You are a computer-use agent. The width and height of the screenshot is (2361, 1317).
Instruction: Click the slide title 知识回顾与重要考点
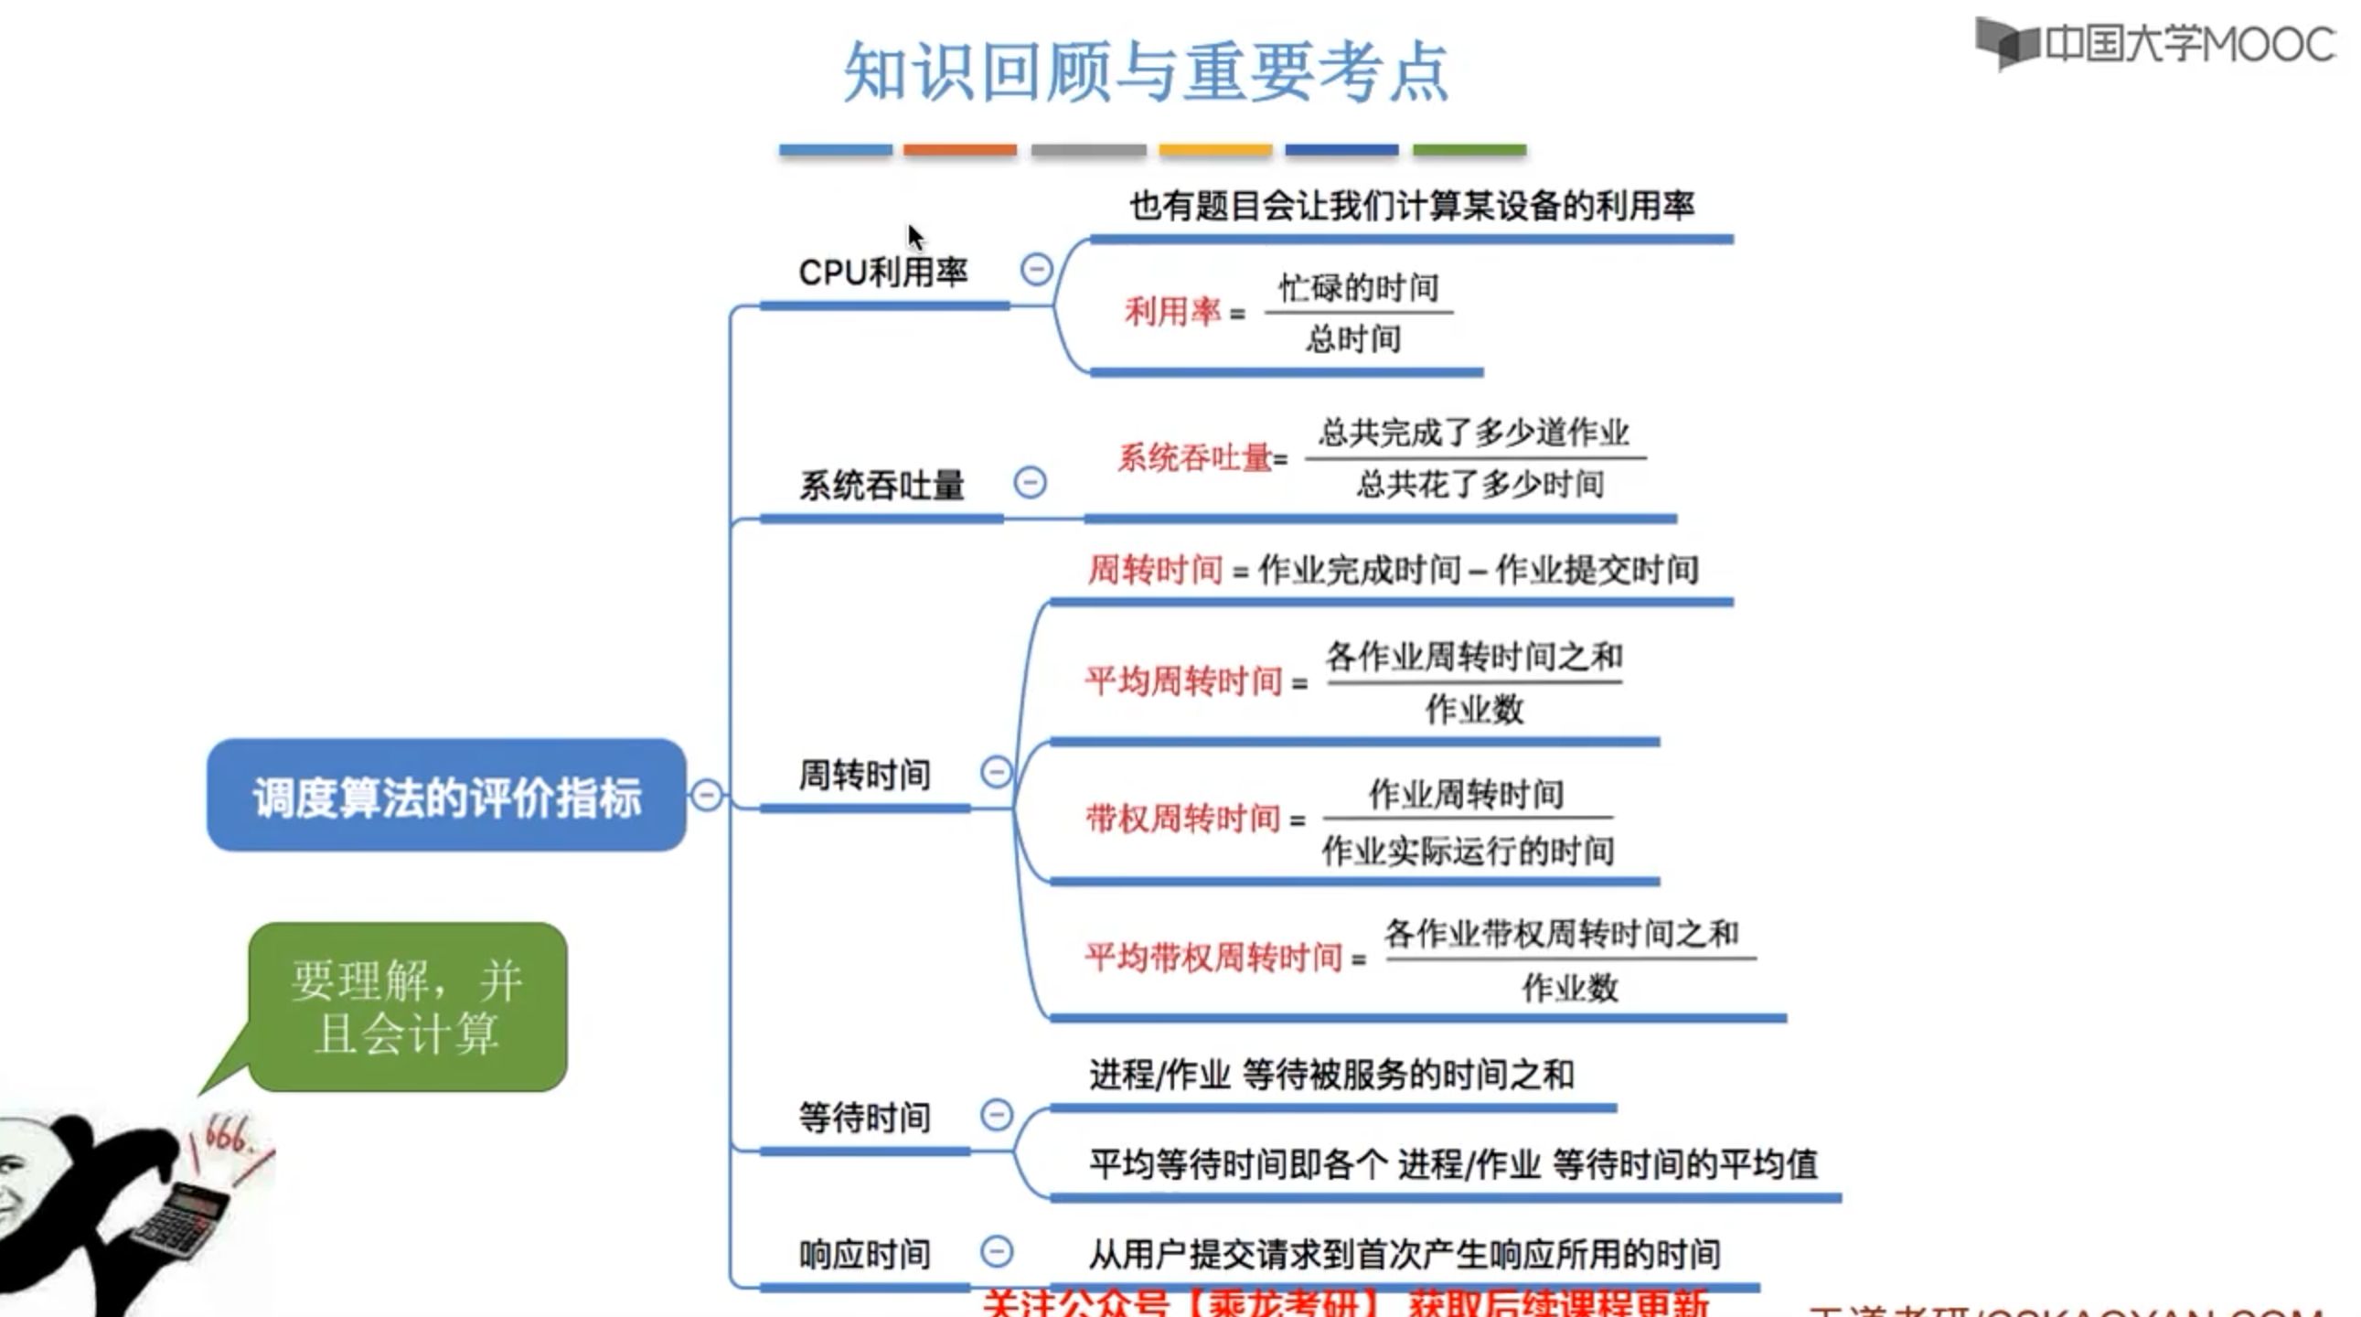click(1146, 71)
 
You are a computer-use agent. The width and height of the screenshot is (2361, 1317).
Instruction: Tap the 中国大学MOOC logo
click(2153, 44)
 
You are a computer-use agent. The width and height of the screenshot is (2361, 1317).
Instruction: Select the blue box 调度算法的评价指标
click(446, 796)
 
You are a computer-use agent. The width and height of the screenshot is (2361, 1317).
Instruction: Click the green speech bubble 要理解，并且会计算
click(408, 1006)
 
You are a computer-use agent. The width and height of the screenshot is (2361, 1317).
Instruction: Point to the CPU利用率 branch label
click(882, 273)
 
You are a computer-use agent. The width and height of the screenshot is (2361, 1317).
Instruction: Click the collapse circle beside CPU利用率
click(1037, 270)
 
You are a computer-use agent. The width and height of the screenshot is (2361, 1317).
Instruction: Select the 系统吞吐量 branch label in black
click(881, 485)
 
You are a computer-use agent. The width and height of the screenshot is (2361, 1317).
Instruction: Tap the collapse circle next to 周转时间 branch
click(997, 772)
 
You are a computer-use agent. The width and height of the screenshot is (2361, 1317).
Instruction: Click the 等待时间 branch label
click(864, 1118)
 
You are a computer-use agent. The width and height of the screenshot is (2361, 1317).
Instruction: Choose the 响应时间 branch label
click(864, 1254)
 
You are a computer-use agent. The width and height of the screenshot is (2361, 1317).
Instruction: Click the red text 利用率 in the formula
click(1172, 313)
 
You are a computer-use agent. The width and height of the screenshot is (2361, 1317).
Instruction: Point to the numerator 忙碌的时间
click(1358, 288)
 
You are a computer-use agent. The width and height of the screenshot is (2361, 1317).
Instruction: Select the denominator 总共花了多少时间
click(1480, 484)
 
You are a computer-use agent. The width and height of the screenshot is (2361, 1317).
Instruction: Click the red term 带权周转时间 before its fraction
click(1182, 818)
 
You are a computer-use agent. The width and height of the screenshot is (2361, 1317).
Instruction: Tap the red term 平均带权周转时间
click(1213, 958)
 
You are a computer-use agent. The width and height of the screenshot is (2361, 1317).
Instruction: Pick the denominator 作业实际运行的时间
click(1468, 851)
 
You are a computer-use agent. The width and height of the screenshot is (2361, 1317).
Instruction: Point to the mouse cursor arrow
click(914, 238)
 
